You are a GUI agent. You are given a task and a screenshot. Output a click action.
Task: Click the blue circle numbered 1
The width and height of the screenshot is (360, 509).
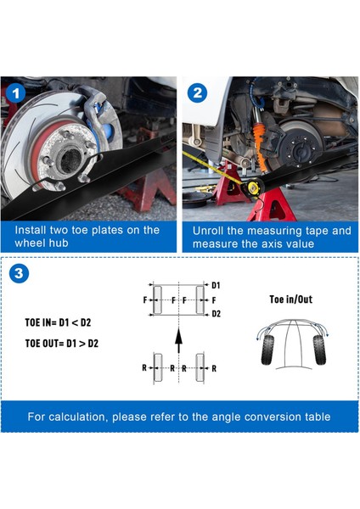[x=15, y=94]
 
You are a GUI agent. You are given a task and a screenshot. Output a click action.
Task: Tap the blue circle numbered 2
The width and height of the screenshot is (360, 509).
[x=197, y=93]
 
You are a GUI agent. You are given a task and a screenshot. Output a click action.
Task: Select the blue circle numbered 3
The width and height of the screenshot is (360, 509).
[x=19, y=273]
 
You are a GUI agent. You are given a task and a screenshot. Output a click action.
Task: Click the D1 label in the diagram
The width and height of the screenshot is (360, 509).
[x=216, y=285]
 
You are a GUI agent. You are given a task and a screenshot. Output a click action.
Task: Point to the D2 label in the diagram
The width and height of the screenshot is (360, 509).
[x=216, y=314]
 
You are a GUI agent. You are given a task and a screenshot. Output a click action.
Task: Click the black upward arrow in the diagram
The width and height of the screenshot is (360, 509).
[x=178, y=340]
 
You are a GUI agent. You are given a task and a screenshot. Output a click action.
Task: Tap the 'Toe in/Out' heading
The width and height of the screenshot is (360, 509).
[x=290, y=299]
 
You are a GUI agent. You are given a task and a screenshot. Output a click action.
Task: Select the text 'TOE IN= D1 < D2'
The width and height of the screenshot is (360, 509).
[x=58, y=322]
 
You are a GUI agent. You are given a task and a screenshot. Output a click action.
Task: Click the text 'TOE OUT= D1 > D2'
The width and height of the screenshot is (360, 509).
[x=62, y=343]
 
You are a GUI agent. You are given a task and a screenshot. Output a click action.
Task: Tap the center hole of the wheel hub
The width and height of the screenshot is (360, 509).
[x=70, y=160]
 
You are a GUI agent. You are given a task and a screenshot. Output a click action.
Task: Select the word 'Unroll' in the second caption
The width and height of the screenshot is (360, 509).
[x=208, y=231]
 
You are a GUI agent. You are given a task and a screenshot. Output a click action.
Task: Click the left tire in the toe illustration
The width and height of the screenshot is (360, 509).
[x=267, y=350]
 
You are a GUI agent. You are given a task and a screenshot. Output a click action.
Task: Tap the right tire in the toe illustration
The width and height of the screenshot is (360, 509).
[x=319, y=350]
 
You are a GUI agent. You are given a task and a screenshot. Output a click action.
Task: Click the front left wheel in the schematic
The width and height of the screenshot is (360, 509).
[x=158, y=300]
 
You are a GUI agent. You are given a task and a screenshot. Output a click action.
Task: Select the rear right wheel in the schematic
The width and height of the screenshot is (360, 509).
[x=200, y=367]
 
